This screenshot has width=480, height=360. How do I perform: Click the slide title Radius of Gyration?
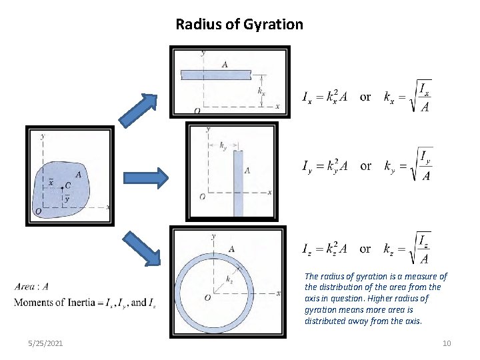(x=239, y=25)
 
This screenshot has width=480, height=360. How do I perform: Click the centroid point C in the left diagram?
(x=61, y=189)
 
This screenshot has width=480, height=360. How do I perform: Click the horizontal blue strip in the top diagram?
(x=215, y=73)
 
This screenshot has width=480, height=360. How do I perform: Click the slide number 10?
(x=447, y=343)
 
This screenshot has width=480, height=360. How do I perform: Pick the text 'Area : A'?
(x=31, y=287)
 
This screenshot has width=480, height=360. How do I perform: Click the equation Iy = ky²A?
(x=327, y=166)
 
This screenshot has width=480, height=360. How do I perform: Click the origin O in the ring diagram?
(x=208, y=297)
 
